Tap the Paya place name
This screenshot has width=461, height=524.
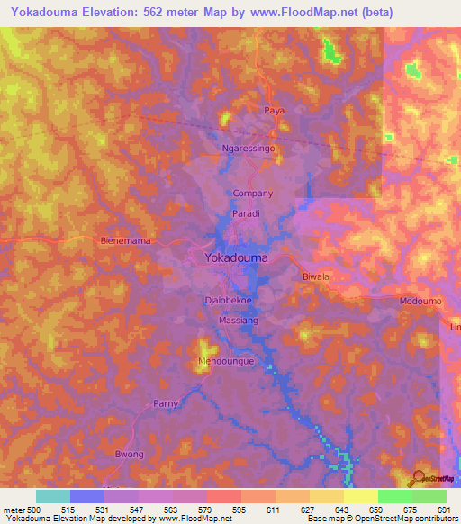click(x=274, y=110)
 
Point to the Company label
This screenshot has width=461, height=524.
click(x=253, y=194)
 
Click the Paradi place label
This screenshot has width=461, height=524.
click(x=247, y=213)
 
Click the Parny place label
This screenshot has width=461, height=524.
click(x=165, y=403)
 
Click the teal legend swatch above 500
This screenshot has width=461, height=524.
click(x=52, y=496)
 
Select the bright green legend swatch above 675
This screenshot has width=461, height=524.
click(x=394, y=496)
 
